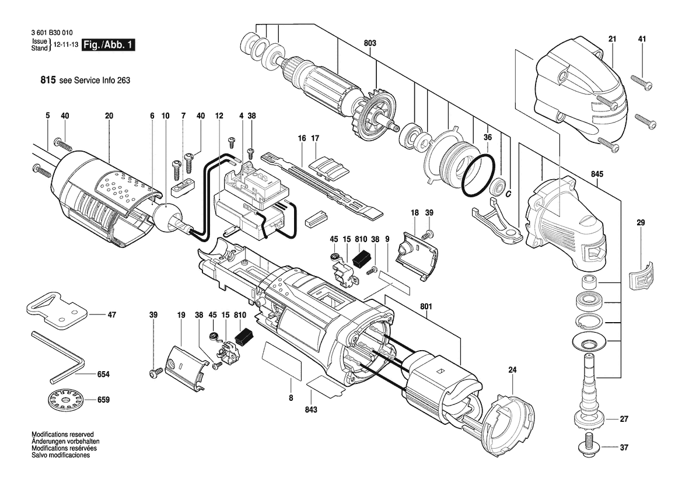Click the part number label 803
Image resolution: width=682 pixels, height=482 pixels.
pyautogui.click(x=370, y=43)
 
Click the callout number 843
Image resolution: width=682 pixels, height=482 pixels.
pyautogui.click(x=312, y=410)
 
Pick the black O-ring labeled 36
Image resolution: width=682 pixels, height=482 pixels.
pyautogui.click(x=478, y=174)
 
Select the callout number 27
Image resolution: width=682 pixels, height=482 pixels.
pyautogui.click(x=624, y=420)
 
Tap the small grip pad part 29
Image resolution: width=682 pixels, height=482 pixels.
pyautogui.click(x=641, y=275)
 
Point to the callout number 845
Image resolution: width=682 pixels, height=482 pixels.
pyautogui.click(x=597, y=174)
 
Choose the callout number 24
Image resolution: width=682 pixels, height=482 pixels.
pyautogui.click(x=512, y=370)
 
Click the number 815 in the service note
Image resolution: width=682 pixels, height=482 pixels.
pyautogui.click(x=48, y=80)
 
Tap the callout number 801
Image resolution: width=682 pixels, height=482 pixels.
pyautogui.click(x=426, y=307)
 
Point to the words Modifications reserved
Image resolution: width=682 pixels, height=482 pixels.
pyautogui.click(x=62, y=434)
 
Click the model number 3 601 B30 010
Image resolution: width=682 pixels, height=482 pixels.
pyautogui.click(x=52, y=33)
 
